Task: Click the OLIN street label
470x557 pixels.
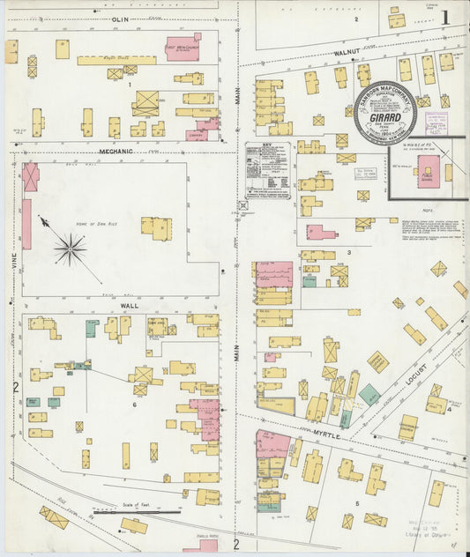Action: [121, 18]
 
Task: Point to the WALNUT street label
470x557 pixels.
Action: [347, 53]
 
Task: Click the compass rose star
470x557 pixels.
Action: [70, 249]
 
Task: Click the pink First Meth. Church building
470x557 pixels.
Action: [183, 48]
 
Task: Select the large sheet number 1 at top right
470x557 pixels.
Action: [445, 17]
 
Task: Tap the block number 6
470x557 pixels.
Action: [135, 405]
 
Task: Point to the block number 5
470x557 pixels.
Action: [356, 503]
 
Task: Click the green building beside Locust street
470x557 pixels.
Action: [369, 394]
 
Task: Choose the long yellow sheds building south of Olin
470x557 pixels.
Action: [116, 61]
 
